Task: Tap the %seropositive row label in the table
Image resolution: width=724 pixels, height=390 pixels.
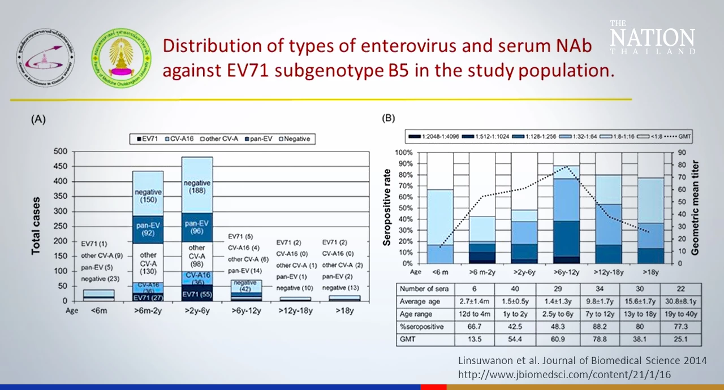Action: click(x=422, y=327)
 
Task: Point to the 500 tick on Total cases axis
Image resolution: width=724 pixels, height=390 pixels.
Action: click(x=61, y=151)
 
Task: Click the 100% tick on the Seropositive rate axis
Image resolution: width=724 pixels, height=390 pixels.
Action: click(x=404, y=153)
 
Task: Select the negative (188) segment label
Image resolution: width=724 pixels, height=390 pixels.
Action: click(x=197, y=187)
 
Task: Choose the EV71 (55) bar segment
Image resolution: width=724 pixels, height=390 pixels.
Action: click(x=197, y=294)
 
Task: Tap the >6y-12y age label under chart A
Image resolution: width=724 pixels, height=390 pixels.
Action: click(x=246, y=311)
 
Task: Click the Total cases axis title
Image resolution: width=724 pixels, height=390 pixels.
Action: click(x=36, y=226)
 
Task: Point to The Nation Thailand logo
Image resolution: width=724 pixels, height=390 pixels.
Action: click(x=652, y=37)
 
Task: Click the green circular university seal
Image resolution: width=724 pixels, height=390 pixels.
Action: click(x=121, y=58)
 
